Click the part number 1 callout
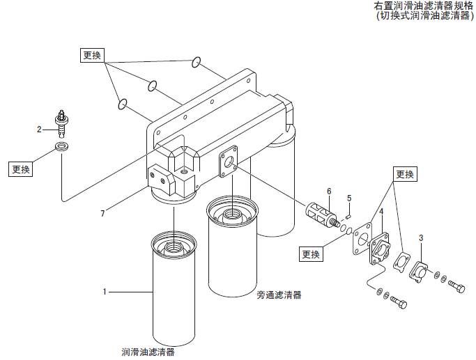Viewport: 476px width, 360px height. (105, 291)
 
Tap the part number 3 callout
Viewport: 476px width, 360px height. (420, 238)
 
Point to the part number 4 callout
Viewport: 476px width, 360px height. (381, 211)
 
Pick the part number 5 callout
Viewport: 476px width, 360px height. (349, 198)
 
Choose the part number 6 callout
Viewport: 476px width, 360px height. (329, 191)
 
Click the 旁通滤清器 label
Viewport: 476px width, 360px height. (279, 295)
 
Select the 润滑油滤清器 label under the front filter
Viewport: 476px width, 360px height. (148, 352)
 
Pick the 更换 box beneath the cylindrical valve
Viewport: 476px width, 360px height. (312, 255)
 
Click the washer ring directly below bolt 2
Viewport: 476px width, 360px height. (62, 148)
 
